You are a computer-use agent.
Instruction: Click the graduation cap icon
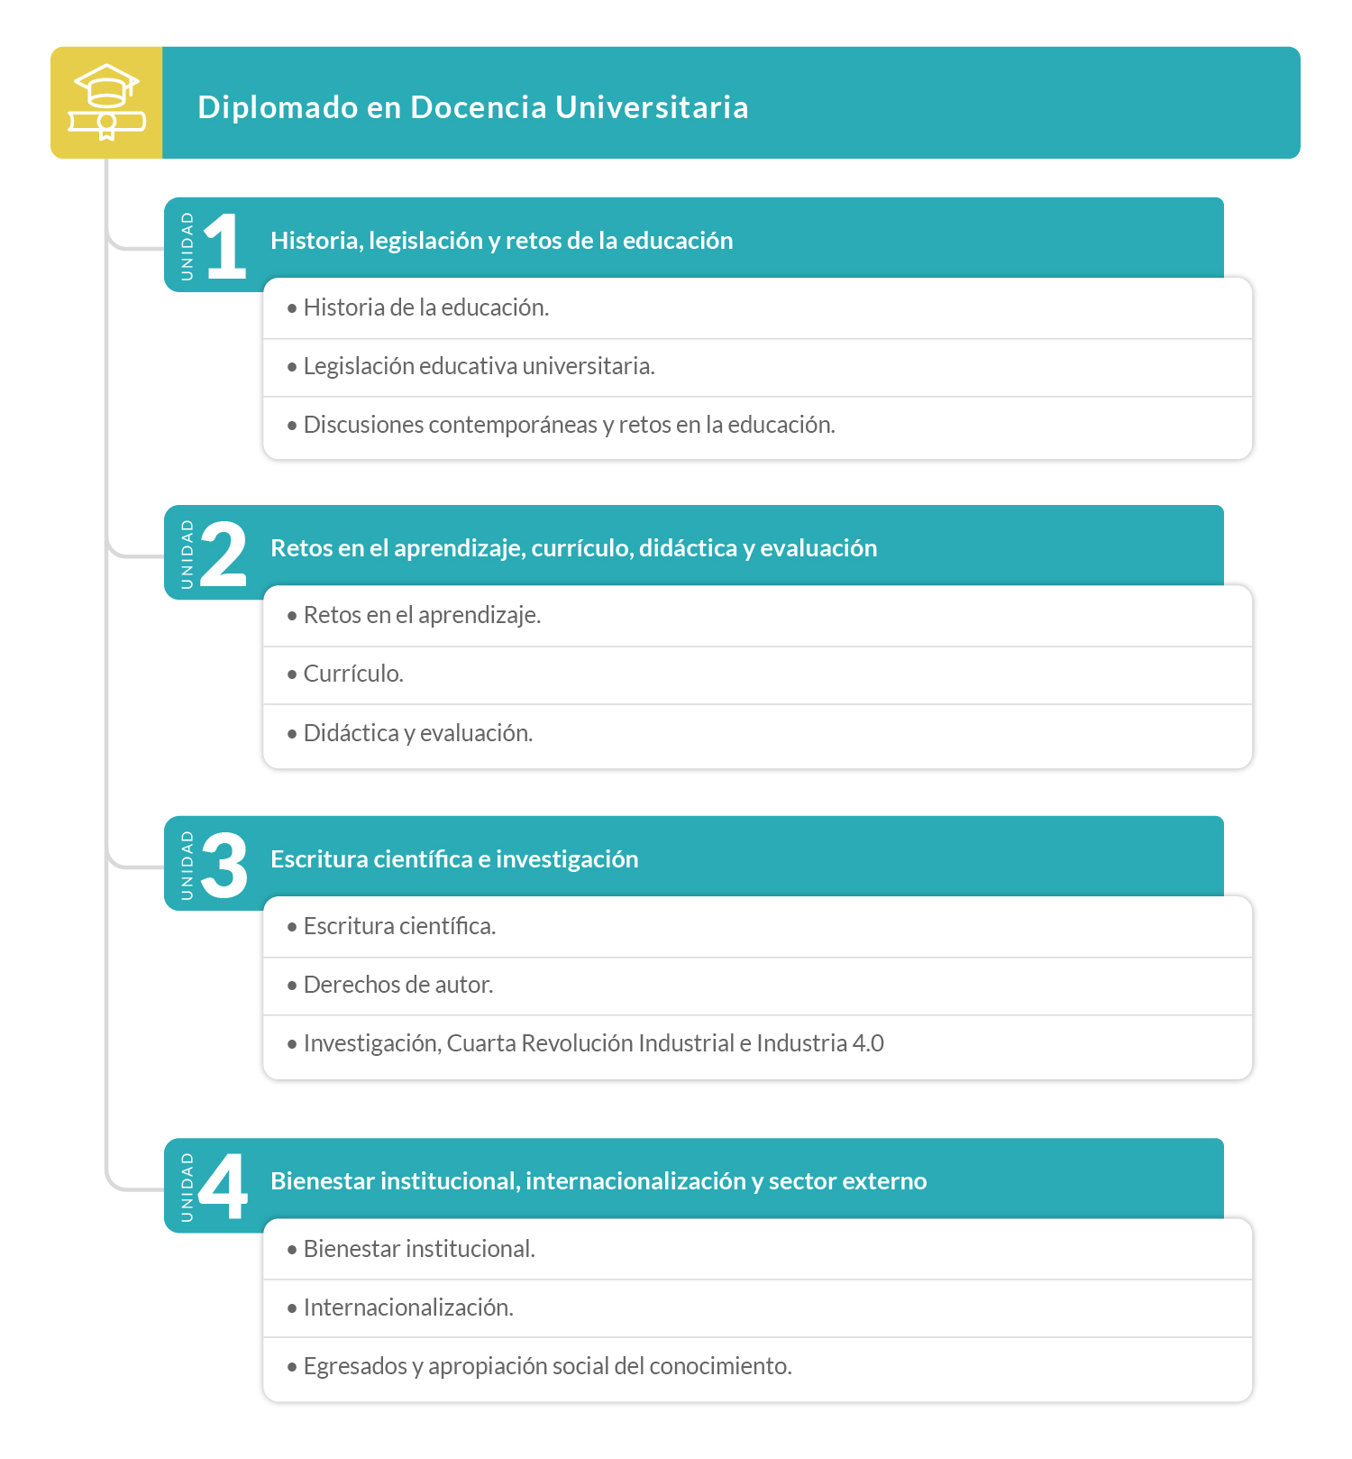point(106,103)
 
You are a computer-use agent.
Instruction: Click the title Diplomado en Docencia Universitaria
point(472,107)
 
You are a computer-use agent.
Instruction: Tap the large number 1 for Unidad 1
point(225,245)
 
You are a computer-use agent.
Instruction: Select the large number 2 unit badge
point(224,554)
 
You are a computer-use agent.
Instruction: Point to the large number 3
point(224,865)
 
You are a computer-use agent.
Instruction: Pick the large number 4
point(223,1187)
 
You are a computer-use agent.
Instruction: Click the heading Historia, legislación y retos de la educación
point(501,241)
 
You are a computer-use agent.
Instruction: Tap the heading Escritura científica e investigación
point(454,859)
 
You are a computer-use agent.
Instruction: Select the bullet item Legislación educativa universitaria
point(479,366)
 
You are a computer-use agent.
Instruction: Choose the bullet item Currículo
point(353,674)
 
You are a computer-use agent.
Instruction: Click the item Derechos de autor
point(398,985)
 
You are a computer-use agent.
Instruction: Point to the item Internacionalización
point(408,1308)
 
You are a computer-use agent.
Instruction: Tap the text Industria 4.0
point(819,1043)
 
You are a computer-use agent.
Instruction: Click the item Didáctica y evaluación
point(418,733)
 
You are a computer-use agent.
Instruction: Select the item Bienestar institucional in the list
point(419,1249)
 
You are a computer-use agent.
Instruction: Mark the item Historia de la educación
point(426,307)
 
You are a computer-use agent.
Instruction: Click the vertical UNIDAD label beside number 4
point(187,1187)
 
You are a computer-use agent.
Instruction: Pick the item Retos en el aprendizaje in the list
point(422,615)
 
